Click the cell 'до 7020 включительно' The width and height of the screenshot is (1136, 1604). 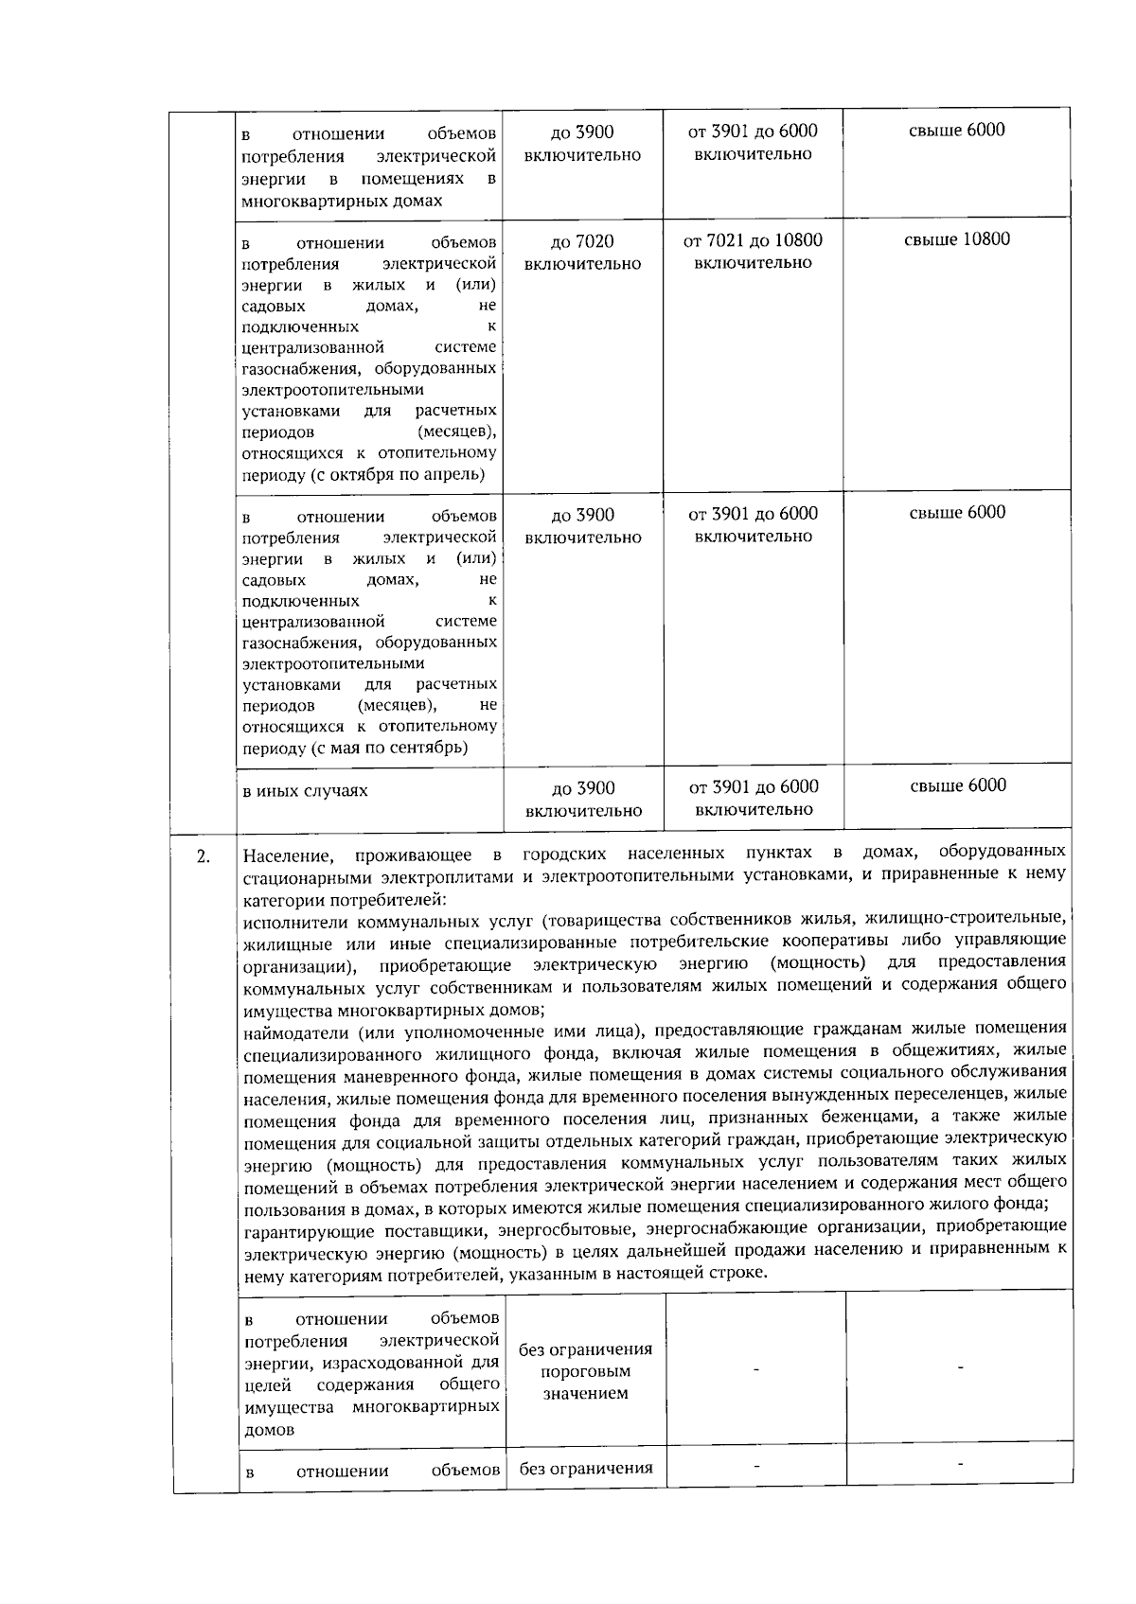[x=582, y=253]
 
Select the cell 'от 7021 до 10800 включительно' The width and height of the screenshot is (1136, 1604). [x=753, y=252]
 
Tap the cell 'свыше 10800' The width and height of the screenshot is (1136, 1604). [x=957, y=239]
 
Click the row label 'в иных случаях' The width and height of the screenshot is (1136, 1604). [x=306, y=791]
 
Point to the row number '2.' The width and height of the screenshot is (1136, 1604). [x=203, y=857]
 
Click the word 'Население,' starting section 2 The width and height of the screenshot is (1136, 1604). [x=288, y=857]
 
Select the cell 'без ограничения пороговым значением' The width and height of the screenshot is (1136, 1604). [x=585, y=1371]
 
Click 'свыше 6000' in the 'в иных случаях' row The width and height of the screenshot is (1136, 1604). [x=957, y=785]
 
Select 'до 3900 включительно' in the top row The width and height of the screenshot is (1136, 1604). [x=582, y=143]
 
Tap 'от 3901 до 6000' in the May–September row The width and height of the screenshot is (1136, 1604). [x=753, y=514]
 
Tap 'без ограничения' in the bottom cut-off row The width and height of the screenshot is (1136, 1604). [x=585, y=1469]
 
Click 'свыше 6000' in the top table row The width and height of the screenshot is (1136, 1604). [x=957, y=131]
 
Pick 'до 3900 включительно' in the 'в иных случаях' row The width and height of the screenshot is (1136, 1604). [x=583, y=799]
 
